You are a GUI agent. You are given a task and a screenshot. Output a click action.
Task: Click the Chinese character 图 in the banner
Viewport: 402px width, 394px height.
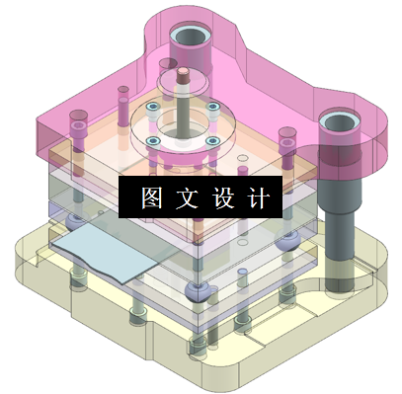pos(151,197)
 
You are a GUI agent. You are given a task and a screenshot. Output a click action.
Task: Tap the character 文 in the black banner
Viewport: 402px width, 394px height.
pos(187,197)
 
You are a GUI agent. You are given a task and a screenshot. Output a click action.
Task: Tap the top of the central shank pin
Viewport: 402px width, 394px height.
pos(183,73)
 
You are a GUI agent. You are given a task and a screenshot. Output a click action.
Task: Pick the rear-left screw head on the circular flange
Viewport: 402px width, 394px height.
pos(152,107)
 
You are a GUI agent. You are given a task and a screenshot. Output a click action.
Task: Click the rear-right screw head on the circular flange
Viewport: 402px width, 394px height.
pos(211,106)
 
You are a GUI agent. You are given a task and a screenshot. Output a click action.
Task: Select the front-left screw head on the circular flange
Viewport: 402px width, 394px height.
pos(154,140)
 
